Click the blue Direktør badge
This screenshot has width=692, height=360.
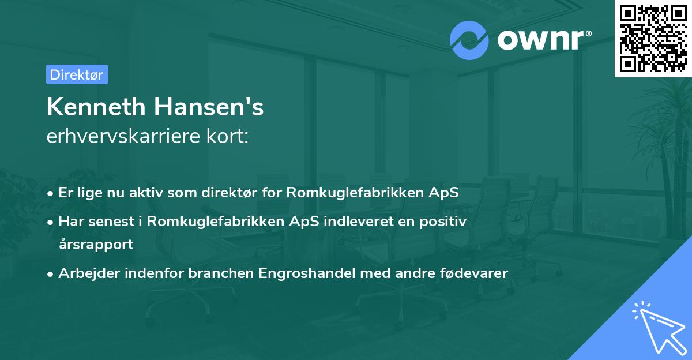(77, 74)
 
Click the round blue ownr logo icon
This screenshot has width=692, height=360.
(469, 40)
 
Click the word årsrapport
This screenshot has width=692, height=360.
(96, 244)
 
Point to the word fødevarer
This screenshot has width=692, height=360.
(476, 273)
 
